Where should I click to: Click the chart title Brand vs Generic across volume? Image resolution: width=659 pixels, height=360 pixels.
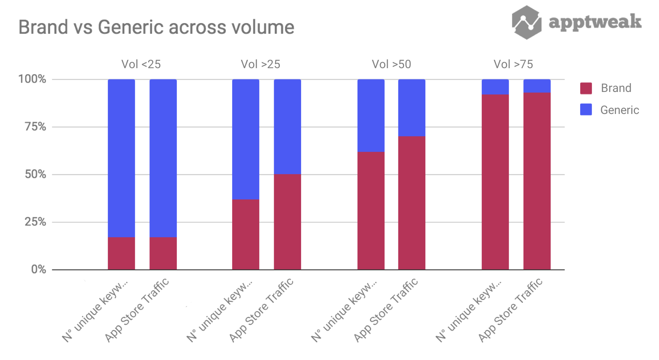click(156, 27)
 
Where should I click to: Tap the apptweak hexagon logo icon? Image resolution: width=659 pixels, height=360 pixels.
click(526, 22)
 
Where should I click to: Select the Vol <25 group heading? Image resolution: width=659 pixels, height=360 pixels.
click(141, 64)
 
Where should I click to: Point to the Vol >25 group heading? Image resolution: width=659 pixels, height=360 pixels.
click(260, 64)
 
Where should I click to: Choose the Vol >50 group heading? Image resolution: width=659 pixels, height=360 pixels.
click(391, 64)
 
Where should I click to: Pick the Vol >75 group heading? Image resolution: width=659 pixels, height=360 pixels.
click(513, 64)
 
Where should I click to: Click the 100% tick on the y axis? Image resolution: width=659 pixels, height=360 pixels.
click(32, 79)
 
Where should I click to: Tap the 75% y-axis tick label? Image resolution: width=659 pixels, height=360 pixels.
click(35, 127)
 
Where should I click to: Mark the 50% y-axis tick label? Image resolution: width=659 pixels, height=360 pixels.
click(35, 174)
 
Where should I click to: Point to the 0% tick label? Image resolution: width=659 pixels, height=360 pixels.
click(38, 269)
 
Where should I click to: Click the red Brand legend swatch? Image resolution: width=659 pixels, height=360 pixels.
click(586, 88)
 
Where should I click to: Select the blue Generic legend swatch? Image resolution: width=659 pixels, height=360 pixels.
click(586, 110)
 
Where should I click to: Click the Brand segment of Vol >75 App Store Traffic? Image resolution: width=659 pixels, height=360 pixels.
click(537, 181)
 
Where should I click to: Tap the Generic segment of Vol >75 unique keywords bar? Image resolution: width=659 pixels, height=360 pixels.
click(495, 87)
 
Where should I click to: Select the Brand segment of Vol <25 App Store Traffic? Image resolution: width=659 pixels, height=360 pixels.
click(163, 253)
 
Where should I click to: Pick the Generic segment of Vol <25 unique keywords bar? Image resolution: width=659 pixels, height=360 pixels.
click(121, 158)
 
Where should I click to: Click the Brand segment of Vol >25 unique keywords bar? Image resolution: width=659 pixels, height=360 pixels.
click(246, 234)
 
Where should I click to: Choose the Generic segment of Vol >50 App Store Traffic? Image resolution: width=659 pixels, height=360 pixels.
click(412, 108)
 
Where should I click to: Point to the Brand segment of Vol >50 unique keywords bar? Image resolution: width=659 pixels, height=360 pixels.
click(371, 211)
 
